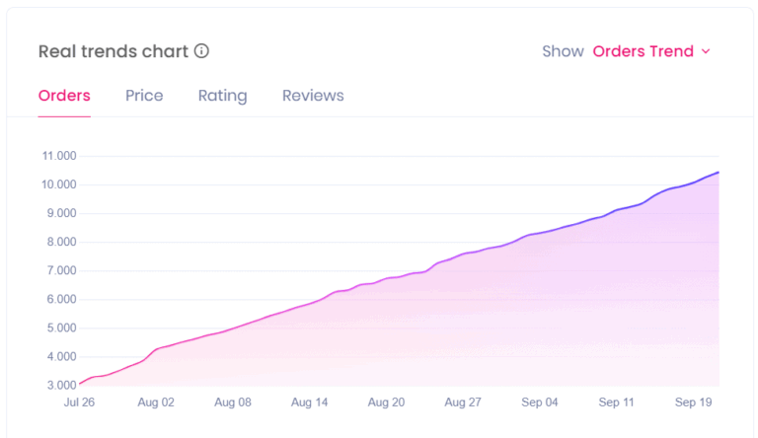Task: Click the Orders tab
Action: [x=64, y=96]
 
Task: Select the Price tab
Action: [x=144, y=96]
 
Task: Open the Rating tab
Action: [x=222, y=96]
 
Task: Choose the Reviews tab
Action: [x=313, y=96]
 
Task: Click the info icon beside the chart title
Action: [x=201, y=51]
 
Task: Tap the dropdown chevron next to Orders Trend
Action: [x=706, y=51]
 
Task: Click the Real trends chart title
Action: [x=113, y=51]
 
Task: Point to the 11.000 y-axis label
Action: [x=59, y=156]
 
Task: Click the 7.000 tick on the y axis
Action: [x=59, y=270]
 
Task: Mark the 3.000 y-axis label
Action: [x=59, y=385]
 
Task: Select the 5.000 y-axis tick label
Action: [x=59, y=328]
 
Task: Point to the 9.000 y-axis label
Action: [x=59, y=213]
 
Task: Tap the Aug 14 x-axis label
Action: [x=310, y=402]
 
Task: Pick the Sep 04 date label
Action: [x=539, y=402]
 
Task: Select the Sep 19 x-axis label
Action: [x=692, y=402]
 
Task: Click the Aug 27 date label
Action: [x=462, y=402]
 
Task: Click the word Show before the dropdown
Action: [x=563, y=51]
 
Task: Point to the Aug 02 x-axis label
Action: [x=156, y=402]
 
